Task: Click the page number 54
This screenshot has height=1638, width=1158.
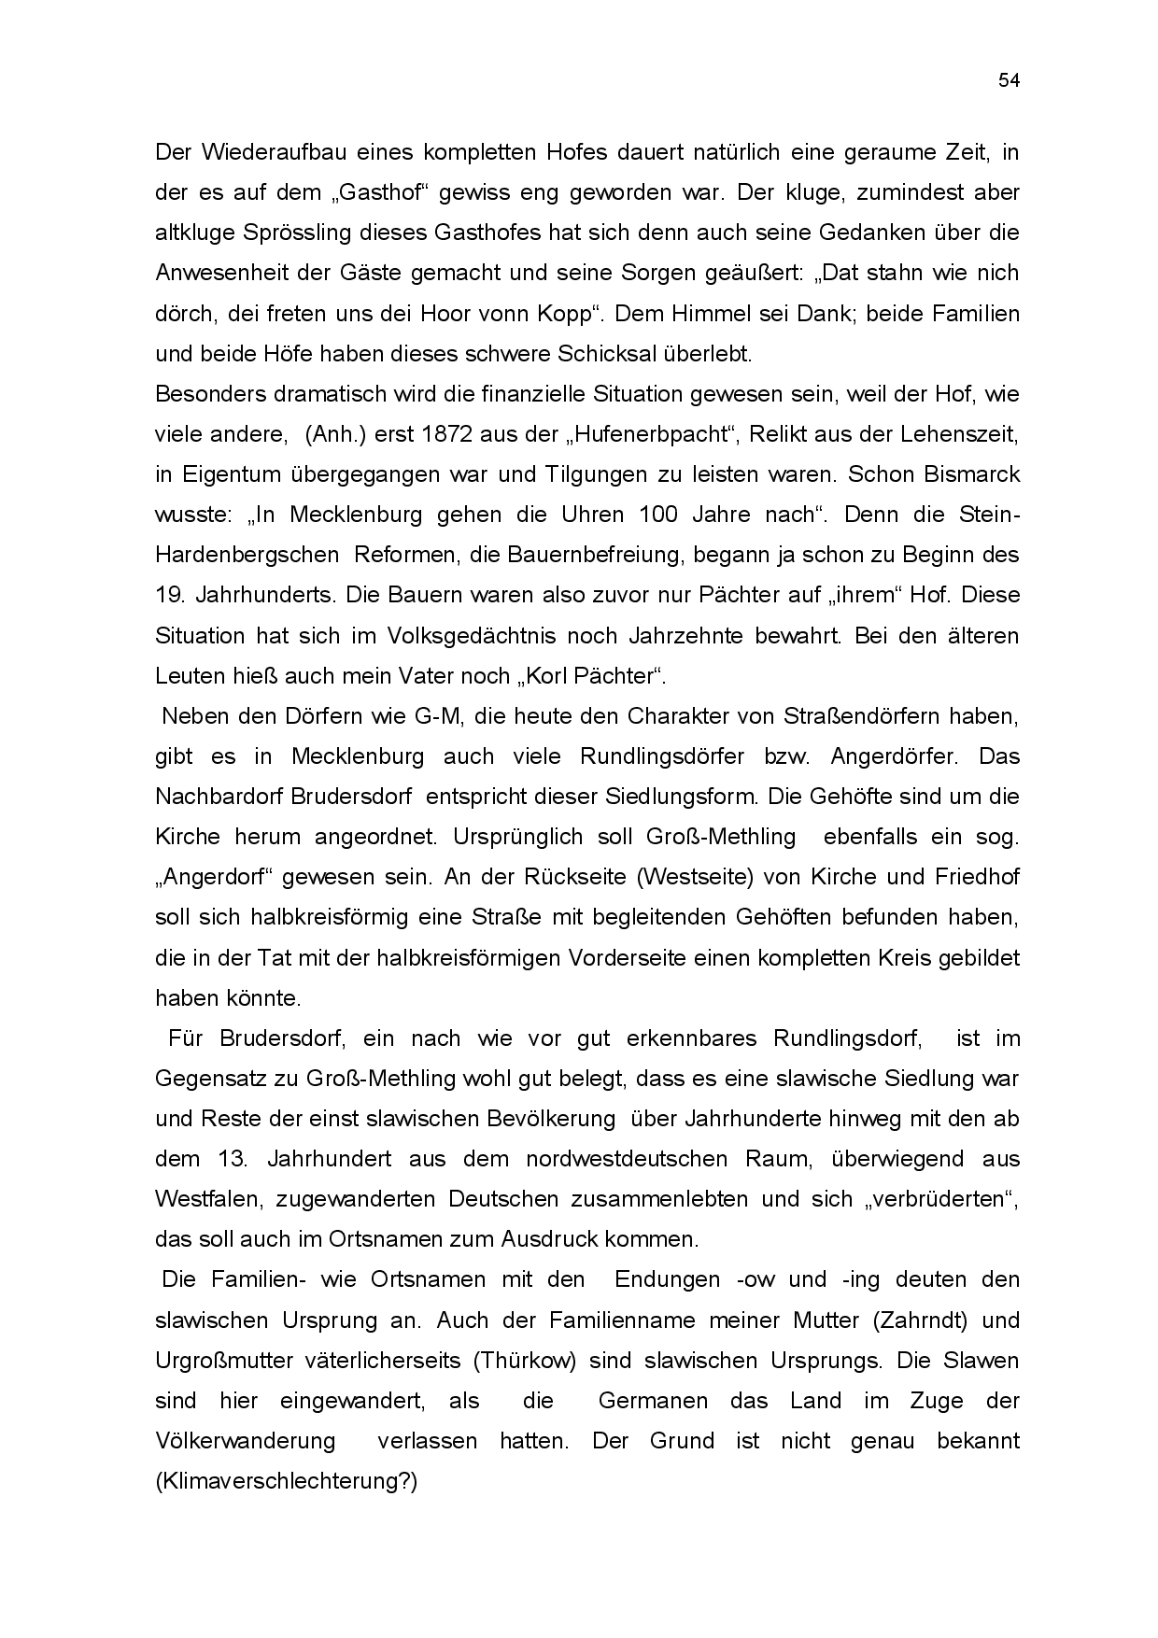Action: pyautogui.click(x=1009, y=80)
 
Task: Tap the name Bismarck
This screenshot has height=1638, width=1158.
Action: pyautogui.click(x=972, y=474)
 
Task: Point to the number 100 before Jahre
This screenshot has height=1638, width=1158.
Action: pyautogui.click(x=658, y=515)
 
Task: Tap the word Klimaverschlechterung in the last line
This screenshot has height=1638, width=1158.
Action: pyautogui.click(x=282, y=1481)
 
